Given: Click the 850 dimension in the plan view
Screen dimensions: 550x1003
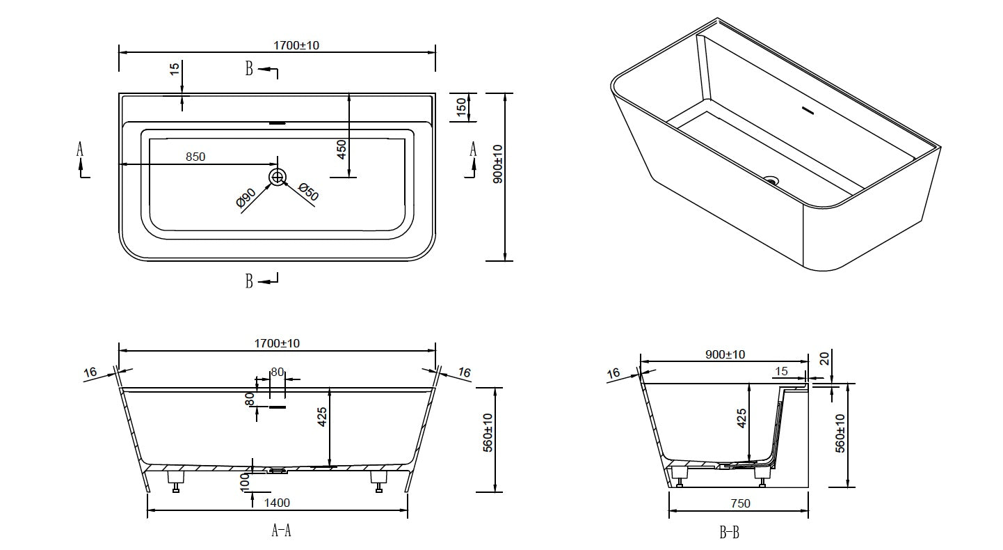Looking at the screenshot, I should (195, 157).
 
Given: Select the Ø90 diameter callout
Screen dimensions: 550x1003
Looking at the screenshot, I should (246, 198).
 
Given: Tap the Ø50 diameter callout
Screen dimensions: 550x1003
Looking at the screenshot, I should (307, 192).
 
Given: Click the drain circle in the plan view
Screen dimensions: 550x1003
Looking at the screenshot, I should (278, 177).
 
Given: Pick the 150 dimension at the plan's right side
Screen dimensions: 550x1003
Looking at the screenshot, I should (461, 107).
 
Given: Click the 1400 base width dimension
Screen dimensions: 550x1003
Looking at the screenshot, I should (277, 503).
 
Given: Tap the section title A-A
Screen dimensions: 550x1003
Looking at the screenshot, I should (280, 531).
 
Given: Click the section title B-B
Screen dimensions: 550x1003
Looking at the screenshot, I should (729, 533).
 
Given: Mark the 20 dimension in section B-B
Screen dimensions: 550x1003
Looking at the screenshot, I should (825, 359).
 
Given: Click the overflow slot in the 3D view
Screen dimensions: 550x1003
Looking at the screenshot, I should (808, 109).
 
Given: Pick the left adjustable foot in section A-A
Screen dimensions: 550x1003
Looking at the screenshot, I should (175, 481).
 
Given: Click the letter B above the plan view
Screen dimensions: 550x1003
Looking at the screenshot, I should (249, 68).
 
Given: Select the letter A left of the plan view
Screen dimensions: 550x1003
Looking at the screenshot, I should (80, 148).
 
